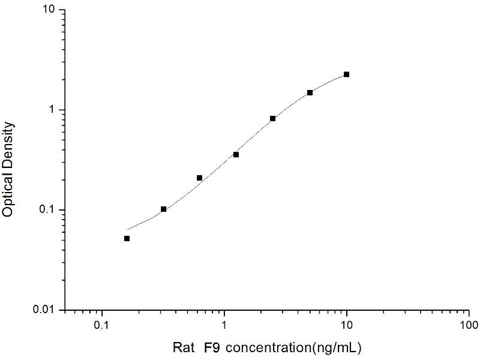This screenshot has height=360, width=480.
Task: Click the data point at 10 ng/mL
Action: coord(346,74)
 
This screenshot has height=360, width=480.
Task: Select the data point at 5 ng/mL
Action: coord(310,92)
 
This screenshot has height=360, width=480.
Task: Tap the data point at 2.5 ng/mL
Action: coord(273,119)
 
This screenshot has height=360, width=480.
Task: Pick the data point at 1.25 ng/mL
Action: coord(236,155)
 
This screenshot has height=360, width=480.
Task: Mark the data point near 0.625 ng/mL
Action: coord(199,178)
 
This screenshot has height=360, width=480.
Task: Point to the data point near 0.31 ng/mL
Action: coord(163,209)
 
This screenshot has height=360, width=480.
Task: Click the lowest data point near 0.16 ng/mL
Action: coord(127,238)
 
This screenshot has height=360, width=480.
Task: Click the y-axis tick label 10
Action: coord(50,11)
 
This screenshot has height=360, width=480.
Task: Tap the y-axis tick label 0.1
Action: coord(48,210)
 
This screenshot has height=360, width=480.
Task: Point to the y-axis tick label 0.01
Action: coord(46,310)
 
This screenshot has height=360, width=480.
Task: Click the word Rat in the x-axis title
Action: coord(183,347)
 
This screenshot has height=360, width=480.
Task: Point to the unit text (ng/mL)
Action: coord(337,347)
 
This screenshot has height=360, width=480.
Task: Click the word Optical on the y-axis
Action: coord(8,193)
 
